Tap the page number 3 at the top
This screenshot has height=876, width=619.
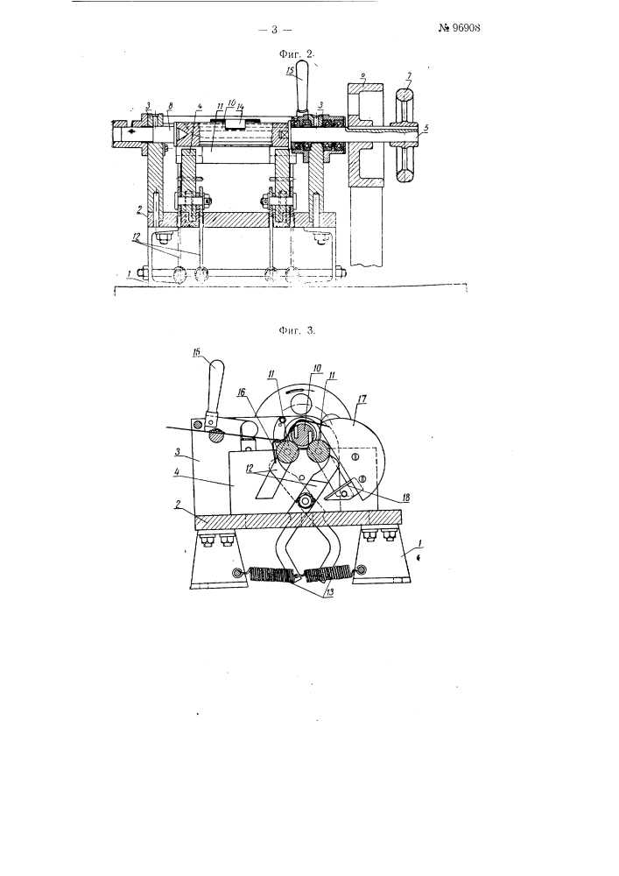click(x=275, y=30)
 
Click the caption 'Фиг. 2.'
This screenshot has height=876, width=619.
click(x=297, y=54)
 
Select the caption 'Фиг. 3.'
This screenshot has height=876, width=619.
click(x=297, y=330)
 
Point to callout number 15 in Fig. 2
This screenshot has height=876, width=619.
click(x=289, y=71)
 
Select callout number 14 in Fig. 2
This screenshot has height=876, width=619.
click(x=240, y=106)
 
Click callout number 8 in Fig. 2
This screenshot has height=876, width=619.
click(x=170, y=106)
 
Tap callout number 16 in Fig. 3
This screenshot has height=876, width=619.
click(x=241, y=392)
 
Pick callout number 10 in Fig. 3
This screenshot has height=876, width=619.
click(x=317, y=368)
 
